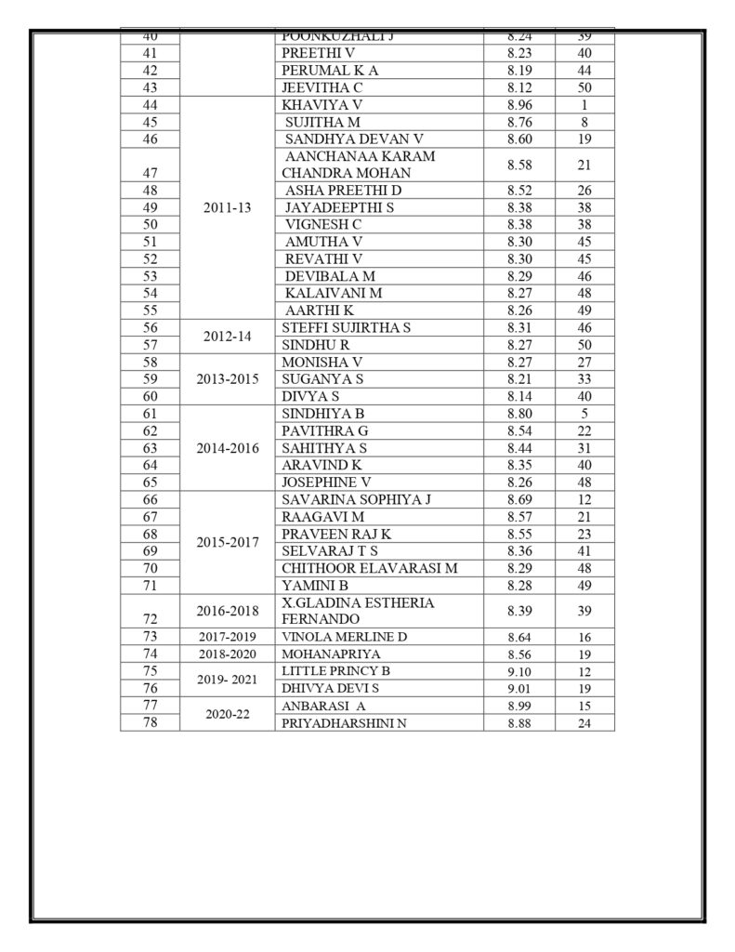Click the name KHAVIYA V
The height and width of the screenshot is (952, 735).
(x=322, y=105)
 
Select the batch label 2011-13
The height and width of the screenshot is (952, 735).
(x=227, y=207)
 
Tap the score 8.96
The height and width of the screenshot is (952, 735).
(x=519, y=105)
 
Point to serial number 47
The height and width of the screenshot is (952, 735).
(x=150, y=173)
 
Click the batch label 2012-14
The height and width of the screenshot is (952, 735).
(x=227, y=336)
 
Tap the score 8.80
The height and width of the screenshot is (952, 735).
(x=519, y=413)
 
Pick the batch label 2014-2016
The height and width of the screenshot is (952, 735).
(x=227, y=447)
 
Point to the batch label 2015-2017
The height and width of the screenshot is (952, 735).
(x=227, y=542)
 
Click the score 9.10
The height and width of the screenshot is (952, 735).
(x=519, y=671)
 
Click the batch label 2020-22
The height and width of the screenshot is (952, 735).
(x=227, y=714)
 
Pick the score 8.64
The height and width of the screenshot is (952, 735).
(x=519, y=637)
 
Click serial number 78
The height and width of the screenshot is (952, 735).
(x=150, y=722)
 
